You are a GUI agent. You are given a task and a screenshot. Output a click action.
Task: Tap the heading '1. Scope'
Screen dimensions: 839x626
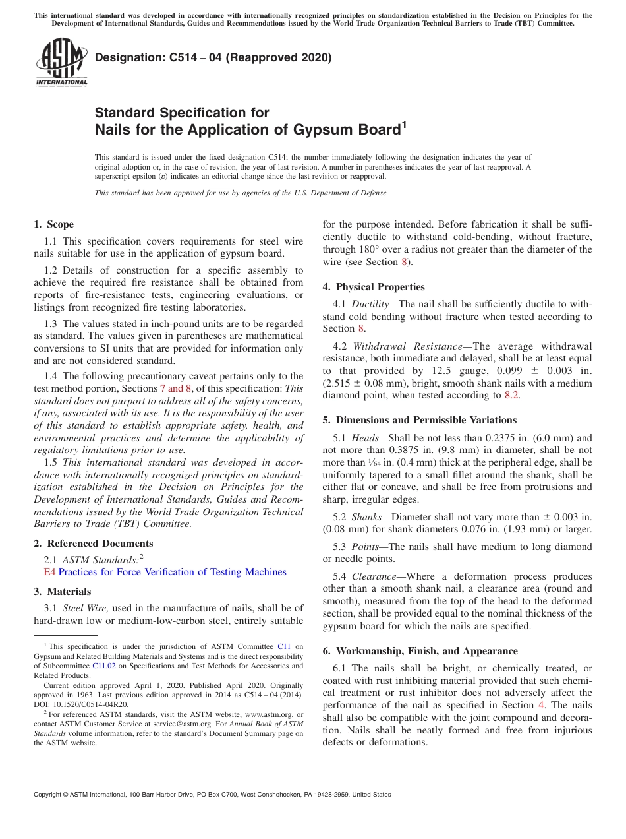tap(53, 224)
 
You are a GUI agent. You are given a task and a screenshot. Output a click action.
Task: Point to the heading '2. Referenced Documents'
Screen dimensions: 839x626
tap(93, 544)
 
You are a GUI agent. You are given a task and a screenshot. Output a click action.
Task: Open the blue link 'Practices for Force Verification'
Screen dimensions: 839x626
tap(173, 572)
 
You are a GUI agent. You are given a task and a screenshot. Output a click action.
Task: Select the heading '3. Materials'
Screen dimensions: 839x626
tap(62, 592)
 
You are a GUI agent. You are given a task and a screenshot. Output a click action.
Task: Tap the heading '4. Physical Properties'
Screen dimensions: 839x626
tap(374, 287)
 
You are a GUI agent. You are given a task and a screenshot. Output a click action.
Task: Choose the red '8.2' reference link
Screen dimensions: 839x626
tap(511, 395)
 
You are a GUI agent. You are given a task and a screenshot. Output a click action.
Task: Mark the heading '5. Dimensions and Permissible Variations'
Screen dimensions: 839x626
tap(419, 420)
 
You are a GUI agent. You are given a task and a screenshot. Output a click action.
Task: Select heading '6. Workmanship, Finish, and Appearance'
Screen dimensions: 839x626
tap(420, 651)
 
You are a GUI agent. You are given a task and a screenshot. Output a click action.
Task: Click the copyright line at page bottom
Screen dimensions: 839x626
tap(212, 795)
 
